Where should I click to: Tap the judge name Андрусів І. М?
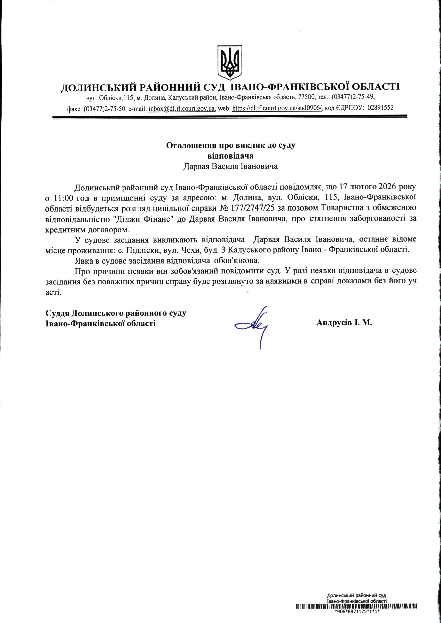pyautogui.click(x=344, y=323)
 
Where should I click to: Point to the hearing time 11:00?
pyautogui.click(x=64, y=198)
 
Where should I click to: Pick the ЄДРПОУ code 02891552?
pyautogui.click(x=380, y=108)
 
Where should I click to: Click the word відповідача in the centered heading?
pyautogui.click(x=230, y=156)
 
